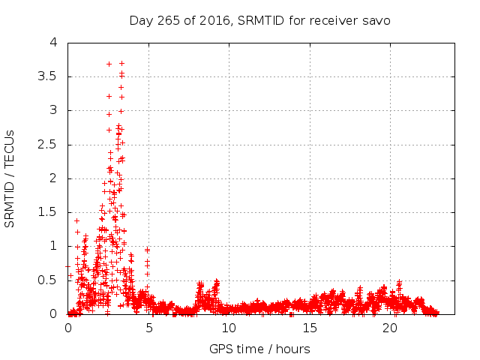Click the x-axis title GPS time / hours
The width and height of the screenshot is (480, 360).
point(260,349)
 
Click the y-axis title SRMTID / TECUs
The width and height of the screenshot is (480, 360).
point(10,178)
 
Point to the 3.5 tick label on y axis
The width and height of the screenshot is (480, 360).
point(52,76)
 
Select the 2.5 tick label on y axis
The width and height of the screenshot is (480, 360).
point(52,145)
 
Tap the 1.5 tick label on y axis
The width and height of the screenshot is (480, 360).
point(52,212)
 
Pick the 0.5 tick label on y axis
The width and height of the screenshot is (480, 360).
point(52,280)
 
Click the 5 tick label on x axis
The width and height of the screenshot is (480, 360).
point(148,328)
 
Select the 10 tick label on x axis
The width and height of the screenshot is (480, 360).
point(229,328)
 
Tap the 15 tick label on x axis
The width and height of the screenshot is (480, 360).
point(309,328)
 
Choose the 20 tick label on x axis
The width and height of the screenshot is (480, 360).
point(389,328)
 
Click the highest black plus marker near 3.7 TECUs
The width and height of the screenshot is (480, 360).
point(109,64)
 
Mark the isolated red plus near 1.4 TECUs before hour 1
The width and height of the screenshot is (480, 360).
point(76,220)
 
